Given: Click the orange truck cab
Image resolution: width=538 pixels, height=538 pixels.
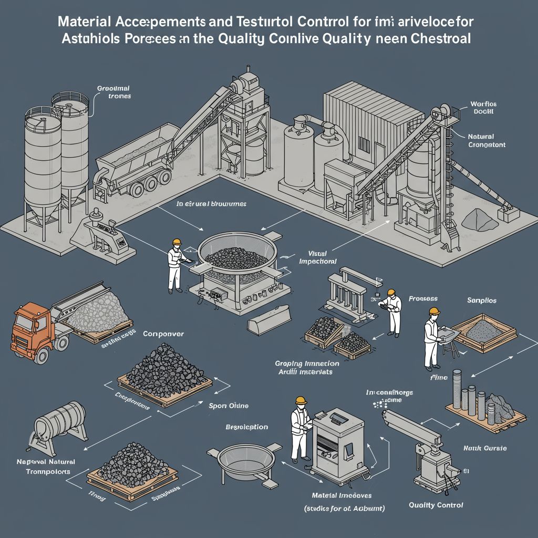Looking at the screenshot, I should [29, 329].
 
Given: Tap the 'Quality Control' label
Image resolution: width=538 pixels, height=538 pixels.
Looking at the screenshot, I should [436, 505].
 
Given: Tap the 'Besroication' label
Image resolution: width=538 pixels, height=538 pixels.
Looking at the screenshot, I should [246, 427].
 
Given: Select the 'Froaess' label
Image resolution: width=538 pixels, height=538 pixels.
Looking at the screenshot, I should [422, 299].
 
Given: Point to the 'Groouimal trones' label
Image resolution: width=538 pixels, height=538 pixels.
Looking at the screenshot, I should [113, 92].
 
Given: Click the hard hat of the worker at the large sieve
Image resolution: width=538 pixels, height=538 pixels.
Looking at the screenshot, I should [177, 242].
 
